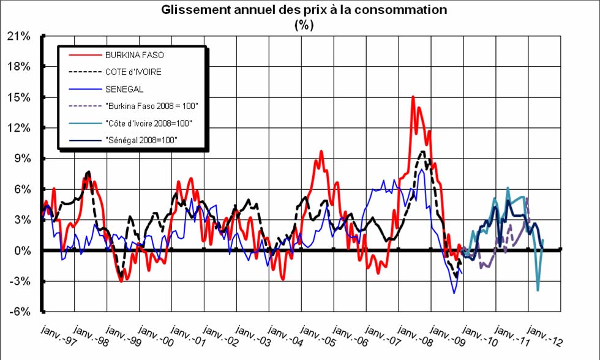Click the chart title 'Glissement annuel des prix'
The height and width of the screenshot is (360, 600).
[x=304, y=10]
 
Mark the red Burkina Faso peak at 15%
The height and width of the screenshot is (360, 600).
[x=413, y=97]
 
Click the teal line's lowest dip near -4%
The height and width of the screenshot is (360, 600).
[x=538, y=290]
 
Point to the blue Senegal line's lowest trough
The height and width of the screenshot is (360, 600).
[x=454, y=293]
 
